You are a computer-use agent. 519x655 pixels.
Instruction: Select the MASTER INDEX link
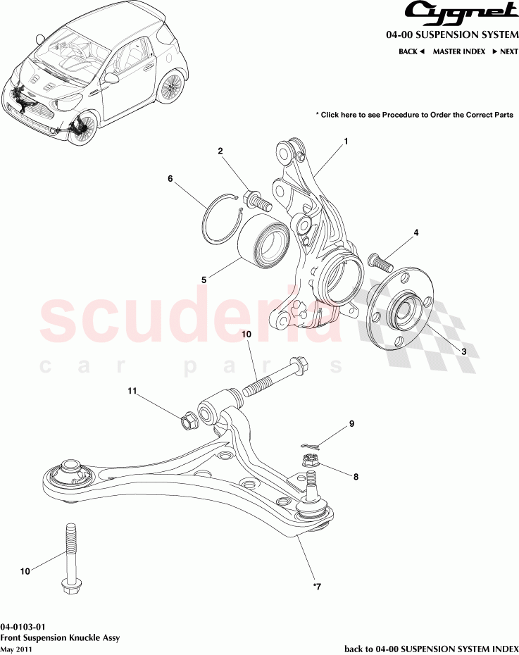(458, 51)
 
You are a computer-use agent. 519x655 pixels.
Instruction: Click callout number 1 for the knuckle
(346, 142)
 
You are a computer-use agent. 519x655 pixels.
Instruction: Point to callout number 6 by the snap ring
(170, 179)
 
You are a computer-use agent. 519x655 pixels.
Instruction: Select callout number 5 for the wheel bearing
(204, 280)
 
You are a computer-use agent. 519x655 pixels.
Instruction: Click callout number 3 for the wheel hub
(464, 351)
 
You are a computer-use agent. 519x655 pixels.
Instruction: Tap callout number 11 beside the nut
(131, 390)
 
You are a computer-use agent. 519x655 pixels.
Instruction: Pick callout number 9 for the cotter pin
(351, 424)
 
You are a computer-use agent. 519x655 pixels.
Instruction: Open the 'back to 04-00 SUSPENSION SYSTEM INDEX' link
(431, 648)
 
